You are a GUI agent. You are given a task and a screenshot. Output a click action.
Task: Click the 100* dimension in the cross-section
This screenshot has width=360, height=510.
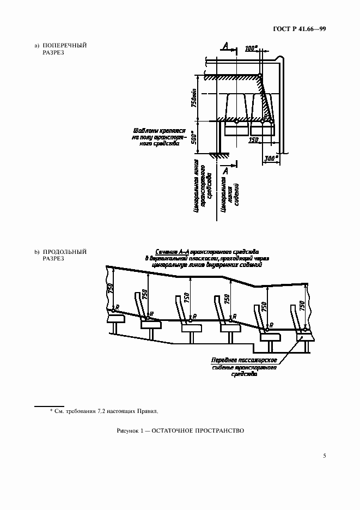[x=251, y=48]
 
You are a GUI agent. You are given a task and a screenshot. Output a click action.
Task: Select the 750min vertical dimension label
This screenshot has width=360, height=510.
[x=194, y=98]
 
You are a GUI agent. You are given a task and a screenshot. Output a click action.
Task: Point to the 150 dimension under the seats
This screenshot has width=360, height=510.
[x=253, y=140]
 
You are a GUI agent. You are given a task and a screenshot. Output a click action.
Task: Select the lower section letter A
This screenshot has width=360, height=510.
[x=225, y=172]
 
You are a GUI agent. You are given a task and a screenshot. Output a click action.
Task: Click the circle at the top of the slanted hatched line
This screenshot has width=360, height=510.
[x=260, y=75]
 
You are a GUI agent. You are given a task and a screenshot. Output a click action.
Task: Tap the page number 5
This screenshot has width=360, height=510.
[x=324, y=456]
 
